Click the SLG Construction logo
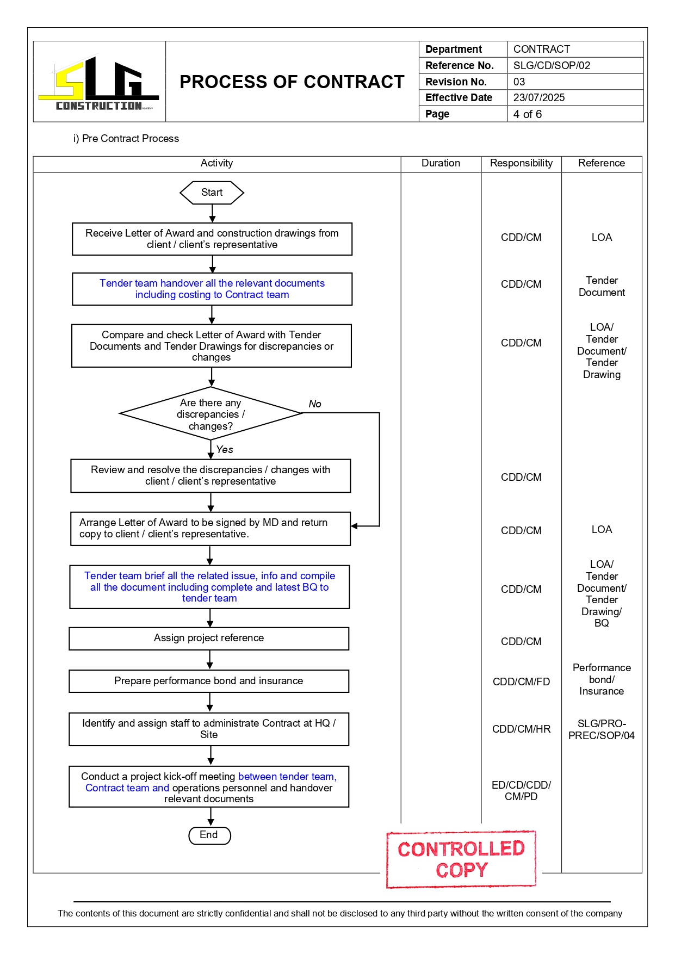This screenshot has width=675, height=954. [99, 83]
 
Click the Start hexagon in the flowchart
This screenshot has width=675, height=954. [212, 193]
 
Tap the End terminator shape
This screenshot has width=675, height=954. [209, 835]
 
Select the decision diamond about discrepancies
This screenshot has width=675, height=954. [210, 414]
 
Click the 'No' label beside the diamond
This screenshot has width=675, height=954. [315, 404]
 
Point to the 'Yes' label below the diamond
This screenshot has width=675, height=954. [224, 449]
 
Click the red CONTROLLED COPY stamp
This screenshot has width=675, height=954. [461, 859]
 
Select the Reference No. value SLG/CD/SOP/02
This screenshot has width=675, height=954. [552, 65]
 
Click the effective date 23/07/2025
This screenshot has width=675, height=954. [538, 97]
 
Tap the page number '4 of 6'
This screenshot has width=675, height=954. [527, 114]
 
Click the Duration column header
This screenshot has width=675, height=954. [441, 163]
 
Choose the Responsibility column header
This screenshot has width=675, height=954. [521, 163]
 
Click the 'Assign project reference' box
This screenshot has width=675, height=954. [209, 638]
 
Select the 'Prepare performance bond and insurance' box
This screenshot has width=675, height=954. [209, 681]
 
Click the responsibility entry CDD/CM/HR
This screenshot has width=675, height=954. [521, 729]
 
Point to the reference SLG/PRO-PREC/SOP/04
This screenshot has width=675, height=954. [601, 729]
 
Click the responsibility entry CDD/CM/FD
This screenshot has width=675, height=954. [521, 682]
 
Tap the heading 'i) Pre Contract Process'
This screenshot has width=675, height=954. [126, 139]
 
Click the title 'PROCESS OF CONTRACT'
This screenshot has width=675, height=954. [292, 82]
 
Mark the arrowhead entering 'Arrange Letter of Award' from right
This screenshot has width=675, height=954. [355, 526]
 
